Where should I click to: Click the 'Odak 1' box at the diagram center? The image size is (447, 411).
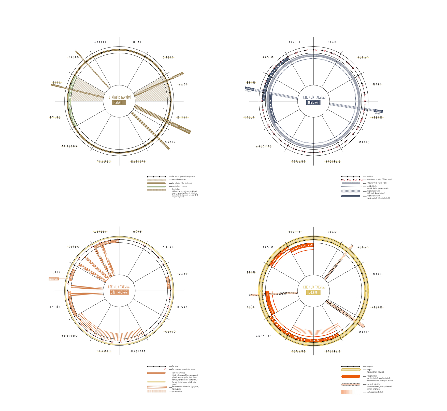coord(119,102)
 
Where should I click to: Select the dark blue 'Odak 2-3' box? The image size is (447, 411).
coord(313,102)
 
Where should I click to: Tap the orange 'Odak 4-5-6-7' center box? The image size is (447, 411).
coord(119,292)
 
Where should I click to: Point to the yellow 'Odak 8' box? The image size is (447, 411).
coord(313,292)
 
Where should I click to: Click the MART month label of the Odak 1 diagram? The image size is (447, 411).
coord(183,84)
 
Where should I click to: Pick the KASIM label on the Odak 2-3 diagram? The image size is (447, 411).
coord(268,57)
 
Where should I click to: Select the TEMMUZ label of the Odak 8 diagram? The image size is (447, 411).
coord(298,351)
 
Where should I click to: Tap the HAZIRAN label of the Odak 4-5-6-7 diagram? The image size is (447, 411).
coord(138,351)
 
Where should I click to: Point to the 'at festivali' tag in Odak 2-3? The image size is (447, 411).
coord(379,111)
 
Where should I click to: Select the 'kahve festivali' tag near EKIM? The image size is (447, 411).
coord(250,89)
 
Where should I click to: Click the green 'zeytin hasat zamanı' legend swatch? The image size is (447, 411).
coord(156,186)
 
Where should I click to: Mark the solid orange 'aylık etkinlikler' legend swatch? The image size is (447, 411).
coord(351,376)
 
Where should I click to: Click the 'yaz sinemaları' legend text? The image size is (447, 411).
coord(177,391)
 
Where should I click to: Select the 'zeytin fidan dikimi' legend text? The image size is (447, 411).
coord(179,180)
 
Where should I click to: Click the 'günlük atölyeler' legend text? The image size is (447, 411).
coord(372,186)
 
